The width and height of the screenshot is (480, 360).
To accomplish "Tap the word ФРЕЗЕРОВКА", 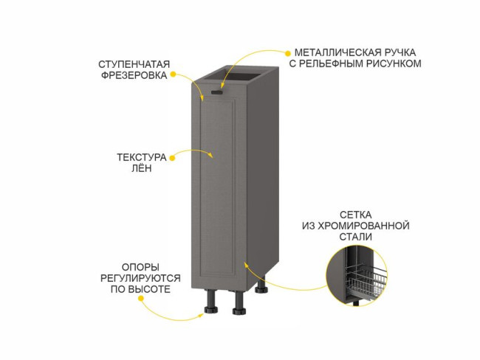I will coord(133,75).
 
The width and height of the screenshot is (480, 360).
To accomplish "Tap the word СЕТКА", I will coord(355,212).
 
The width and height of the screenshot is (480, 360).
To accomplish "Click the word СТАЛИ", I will coord(356,236).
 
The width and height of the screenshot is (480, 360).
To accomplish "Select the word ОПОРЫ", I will coord(140,266).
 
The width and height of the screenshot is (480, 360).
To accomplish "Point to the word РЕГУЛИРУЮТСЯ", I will coord(140,278).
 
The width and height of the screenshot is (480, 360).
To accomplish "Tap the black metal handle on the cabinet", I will coord(216,92).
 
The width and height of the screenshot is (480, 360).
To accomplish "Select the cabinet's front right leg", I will coord(239,303).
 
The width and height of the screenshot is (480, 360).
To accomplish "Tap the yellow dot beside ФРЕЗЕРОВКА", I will coord(173,75).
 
